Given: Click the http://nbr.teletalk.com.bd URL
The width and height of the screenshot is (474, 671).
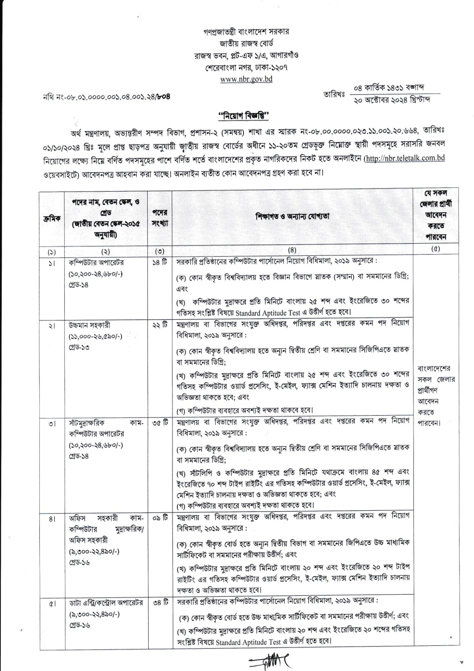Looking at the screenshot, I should pos(405,158).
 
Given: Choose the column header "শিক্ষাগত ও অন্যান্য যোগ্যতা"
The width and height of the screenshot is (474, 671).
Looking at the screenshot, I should pos(292,216).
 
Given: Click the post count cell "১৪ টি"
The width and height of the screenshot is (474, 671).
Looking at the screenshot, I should pos(159,263).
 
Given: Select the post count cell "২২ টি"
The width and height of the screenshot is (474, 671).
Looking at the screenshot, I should pos(159,325).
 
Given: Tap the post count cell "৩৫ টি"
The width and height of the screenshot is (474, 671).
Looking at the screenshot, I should pos(159,423).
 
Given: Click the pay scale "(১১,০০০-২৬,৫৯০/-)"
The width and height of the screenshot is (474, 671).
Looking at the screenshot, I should pos(96,336).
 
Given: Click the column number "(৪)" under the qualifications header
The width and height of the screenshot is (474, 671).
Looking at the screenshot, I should pos(292,250).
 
